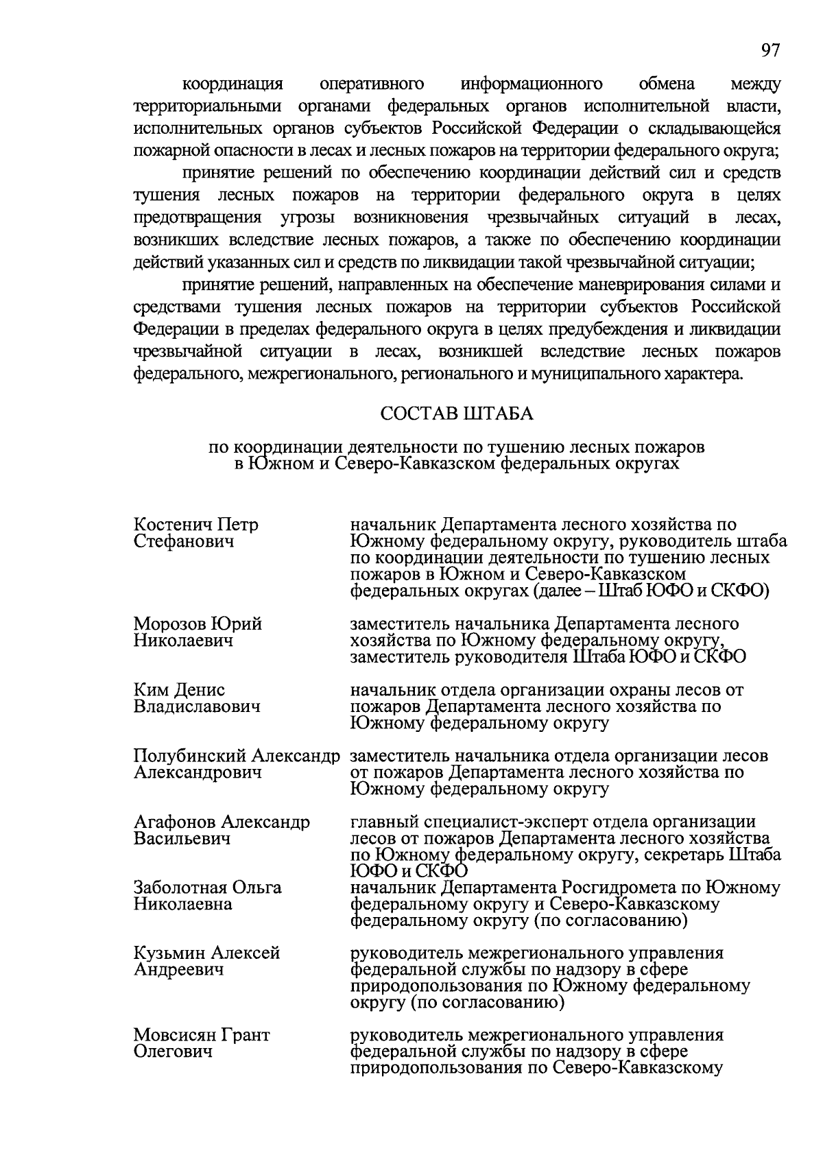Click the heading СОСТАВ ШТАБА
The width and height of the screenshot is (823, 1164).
[457, 414]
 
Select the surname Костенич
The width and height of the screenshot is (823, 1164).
[174, 525]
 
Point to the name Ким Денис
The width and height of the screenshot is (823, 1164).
[179, 690]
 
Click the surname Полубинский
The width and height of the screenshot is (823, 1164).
[190, 756]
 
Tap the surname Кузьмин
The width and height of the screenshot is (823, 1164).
[169, 953]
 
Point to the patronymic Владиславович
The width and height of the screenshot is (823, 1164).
[197, 706]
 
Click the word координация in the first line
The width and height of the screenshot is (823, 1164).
[232, 84]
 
